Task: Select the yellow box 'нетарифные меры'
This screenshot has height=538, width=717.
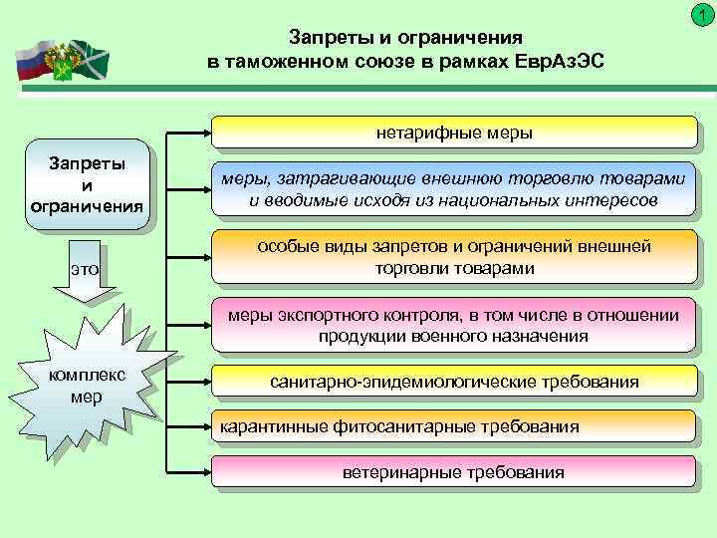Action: coord(454,132)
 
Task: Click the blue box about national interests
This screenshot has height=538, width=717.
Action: coord(454,188)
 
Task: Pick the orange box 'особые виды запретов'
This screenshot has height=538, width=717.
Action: coord(454,257)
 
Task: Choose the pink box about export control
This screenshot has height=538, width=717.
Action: coord(454,325)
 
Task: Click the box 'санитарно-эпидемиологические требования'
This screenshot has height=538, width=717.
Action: coord(454,382)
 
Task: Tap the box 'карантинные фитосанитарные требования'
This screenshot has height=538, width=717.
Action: coord(454,426)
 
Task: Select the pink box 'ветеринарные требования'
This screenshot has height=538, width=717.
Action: coord(454,471)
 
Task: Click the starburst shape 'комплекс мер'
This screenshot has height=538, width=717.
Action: coord(87,384)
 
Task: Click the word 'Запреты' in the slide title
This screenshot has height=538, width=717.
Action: coord(322,38)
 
